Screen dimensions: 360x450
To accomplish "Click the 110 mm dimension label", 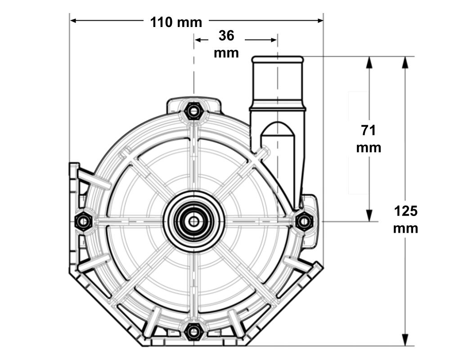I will pos(176,22).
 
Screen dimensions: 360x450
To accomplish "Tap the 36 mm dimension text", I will pos(226,44).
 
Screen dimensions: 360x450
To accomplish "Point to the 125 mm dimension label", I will pos(405,219).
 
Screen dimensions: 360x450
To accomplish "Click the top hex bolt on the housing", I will pos(193,110).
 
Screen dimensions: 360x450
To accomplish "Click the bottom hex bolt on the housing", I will pos(193,332).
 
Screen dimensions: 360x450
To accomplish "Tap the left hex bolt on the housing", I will pos(83,221).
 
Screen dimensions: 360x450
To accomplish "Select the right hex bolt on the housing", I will pos(305,221).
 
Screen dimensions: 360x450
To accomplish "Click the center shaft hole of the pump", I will pos(193,221).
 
